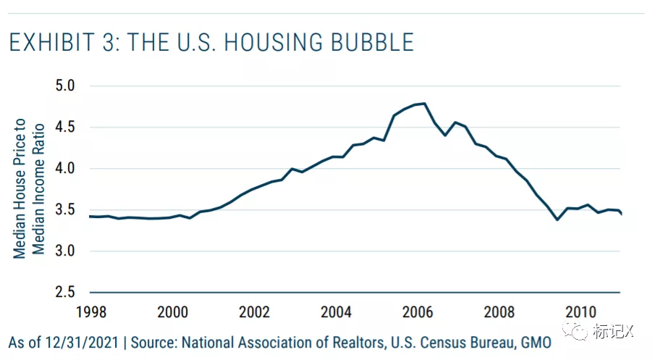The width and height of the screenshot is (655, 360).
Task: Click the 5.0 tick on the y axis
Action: [x=66, y=86]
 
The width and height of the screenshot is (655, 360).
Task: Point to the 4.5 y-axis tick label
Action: [x=66, y=127]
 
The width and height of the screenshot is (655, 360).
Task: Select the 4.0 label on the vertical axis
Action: [x=66, y=169]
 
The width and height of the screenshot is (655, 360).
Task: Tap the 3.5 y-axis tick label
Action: [x=66, y=210]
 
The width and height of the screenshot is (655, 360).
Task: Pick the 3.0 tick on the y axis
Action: [x=66, y=251]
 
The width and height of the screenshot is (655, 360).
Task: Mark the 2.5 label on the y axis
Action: [x=66, y=293]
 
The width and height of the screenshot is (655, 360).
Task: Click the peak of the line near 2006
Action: [x=423, y=104]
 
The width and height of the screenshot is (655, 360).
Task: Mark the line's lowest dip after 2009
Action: [x=557, y=219]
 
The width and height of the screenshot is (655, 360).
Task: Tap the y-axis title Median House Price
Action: [x=20, y=188]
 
